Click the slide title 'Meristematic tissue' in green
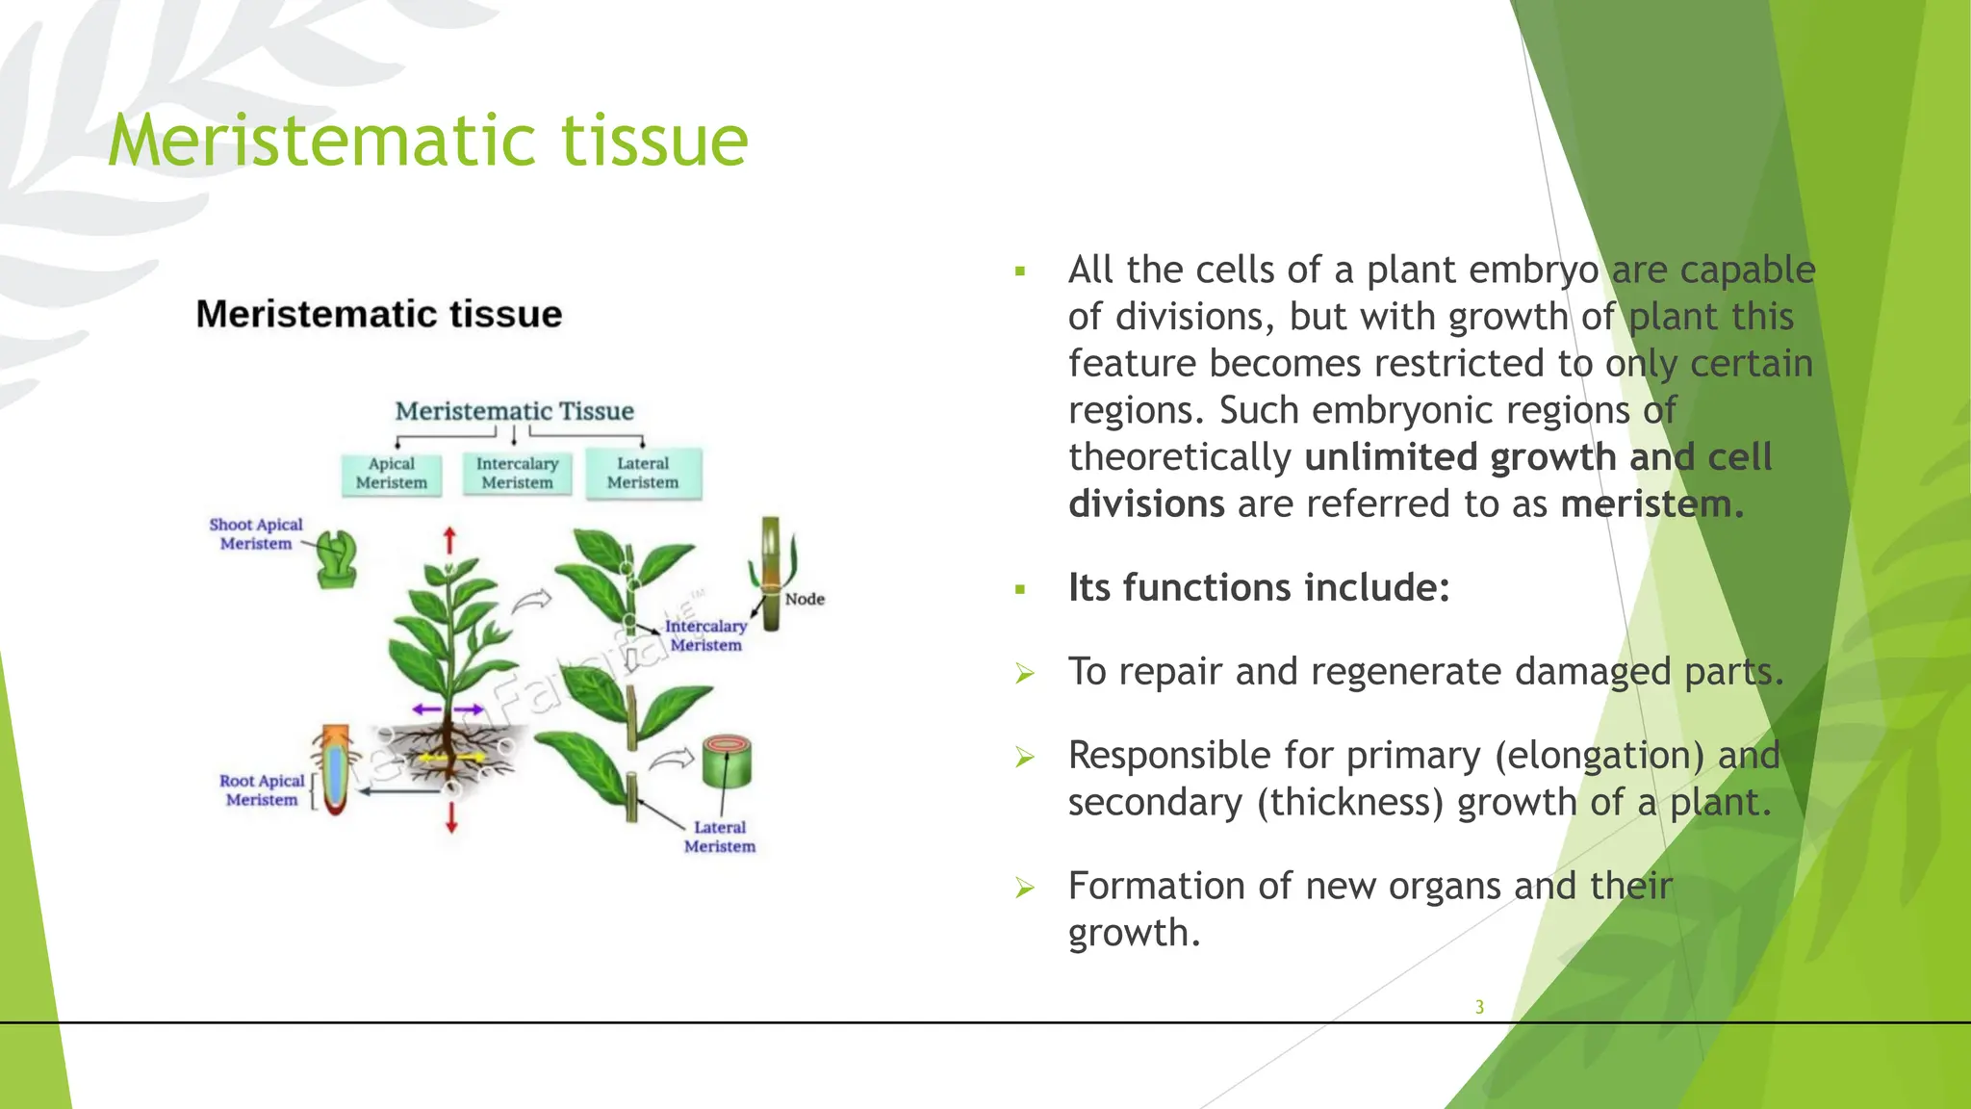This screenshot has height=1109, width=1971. (x=428, y=142)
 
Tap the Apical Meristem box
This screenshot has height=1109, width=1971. (x=392, y=474)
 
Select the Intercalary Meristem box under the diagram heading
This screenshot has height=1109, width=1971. (x=517, y=474)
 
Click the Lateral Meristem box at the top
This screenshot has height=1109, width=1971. (x=643, y=473)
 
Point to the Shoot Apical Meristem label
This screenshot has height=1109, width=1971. (x=256, y=534)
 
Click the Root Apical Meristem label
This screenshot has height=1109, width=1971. (x=262, y=790)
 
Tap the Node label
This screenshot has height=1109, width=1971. (x=805, y=599)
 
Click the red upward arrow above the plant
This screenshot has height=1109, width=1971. (x=448, y=540)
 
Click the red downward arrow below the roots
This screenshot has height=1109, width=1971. (x=451, y=817)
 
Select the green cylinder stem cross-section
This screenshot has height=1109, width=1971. (x=727, y=762)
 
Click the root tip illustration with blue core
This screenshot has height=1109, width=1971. (x=334, y=770)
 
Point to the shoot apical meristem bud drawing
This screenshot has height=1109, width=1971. (x=338, y=559)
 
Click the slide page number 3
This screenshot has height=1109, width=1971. (x=1479, y=1007)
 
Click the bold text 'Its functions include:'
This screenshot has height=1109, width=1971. (x=1259, y=587)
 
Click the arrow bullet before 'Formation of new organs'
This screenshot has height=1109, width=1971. (x=1025, y=888)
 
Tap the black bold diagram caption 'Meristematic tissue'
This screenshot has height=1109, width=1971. (x=379, y=315)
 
